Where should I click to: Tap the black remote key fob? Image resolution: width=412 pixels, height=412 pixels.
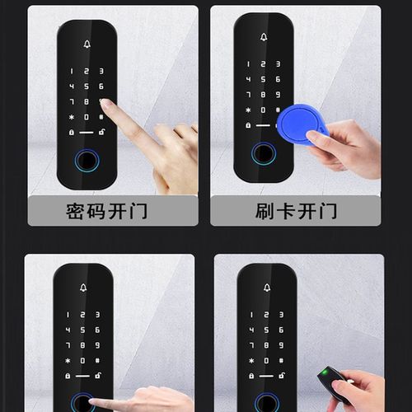[332, 383]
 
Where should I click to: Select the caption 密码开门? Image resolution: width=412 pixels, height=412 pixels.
[107, 211]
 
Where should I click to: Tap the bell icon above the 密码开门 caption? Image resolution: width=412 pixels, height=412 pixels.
[87, 44]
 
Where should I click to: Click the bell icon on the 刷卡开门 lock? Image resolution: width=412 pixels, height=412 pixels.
[264, 38]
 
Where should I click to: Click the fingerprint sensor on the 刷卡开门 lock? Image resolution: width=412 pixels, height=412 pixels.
[264, 152]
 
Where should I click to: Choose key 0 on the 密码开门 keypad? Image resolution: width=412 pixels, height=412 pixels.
[87, 117]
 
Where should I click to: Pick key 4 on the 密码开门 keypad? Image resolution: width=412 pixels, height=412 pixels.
[73, 87]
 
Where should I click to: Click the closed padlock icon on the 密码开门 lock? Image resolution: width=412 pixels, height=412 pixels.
[73, 133]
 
